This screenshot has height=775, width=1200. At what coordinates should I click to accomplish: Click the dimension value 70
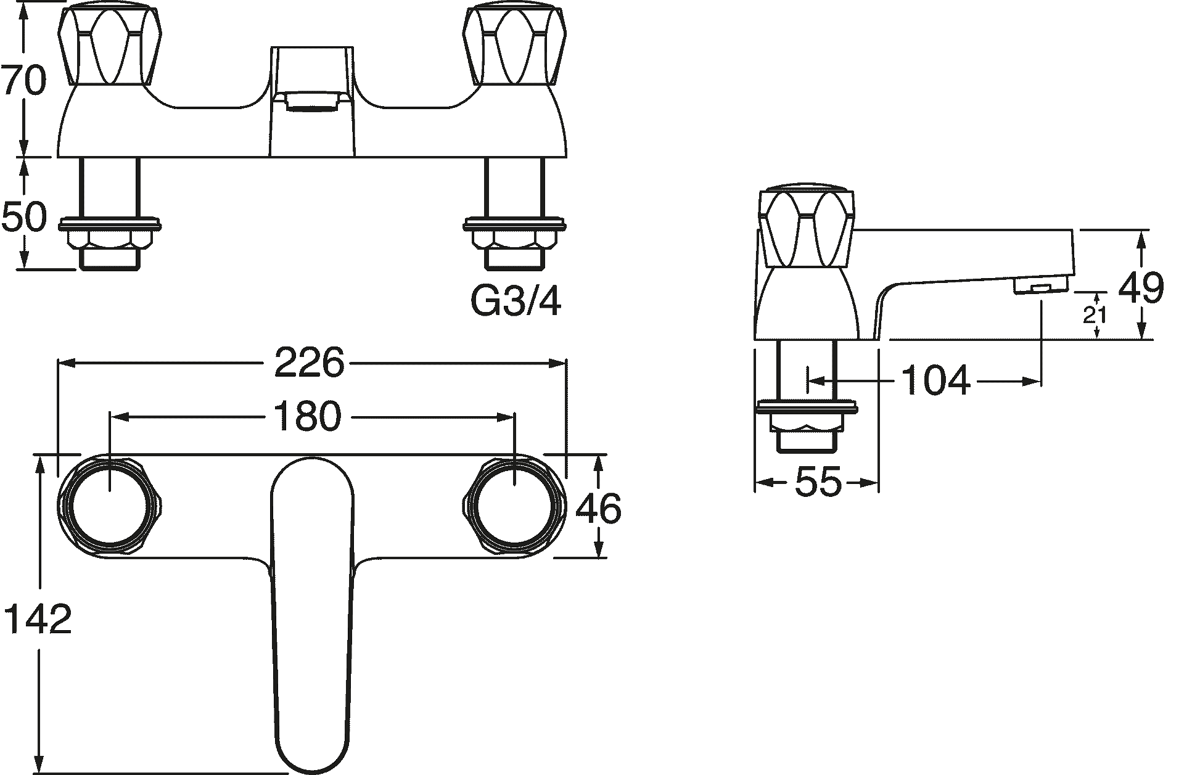[x=25, y=81]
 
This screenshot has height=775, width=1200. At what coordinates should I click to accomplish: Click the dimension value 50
[x=25, y=217]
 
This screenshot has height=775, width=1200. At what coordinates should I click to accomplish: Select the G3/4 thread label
[x=516, y=301]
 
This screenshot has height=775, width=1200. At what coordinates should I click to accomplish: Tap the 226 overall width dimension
[x=308, y=363]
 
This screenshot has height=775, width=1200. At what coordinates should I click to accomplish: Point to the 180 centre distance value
[x=306, y=416]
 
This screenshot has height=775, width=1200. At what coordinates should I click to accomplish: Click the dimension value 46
[x=598, y=509]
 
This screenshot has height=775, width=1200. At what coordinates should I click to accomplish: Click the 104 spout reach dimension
[x=935, y=380]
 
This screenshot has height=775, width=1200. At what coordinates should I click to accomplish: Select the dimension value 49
[x=1141, y=287]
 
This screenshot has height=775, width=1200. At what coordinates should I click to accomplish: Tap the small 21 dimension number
[x=1095, y=316]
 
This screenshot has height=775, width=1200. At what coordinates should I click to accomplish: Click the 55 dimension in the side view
[x=818, y=482]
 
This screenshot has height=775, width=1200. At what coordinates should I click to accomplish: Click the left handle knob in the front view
[x=109, y=46]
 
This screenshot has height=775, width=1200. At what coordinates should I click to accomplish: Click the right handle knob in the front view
[x=515, y=46]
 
